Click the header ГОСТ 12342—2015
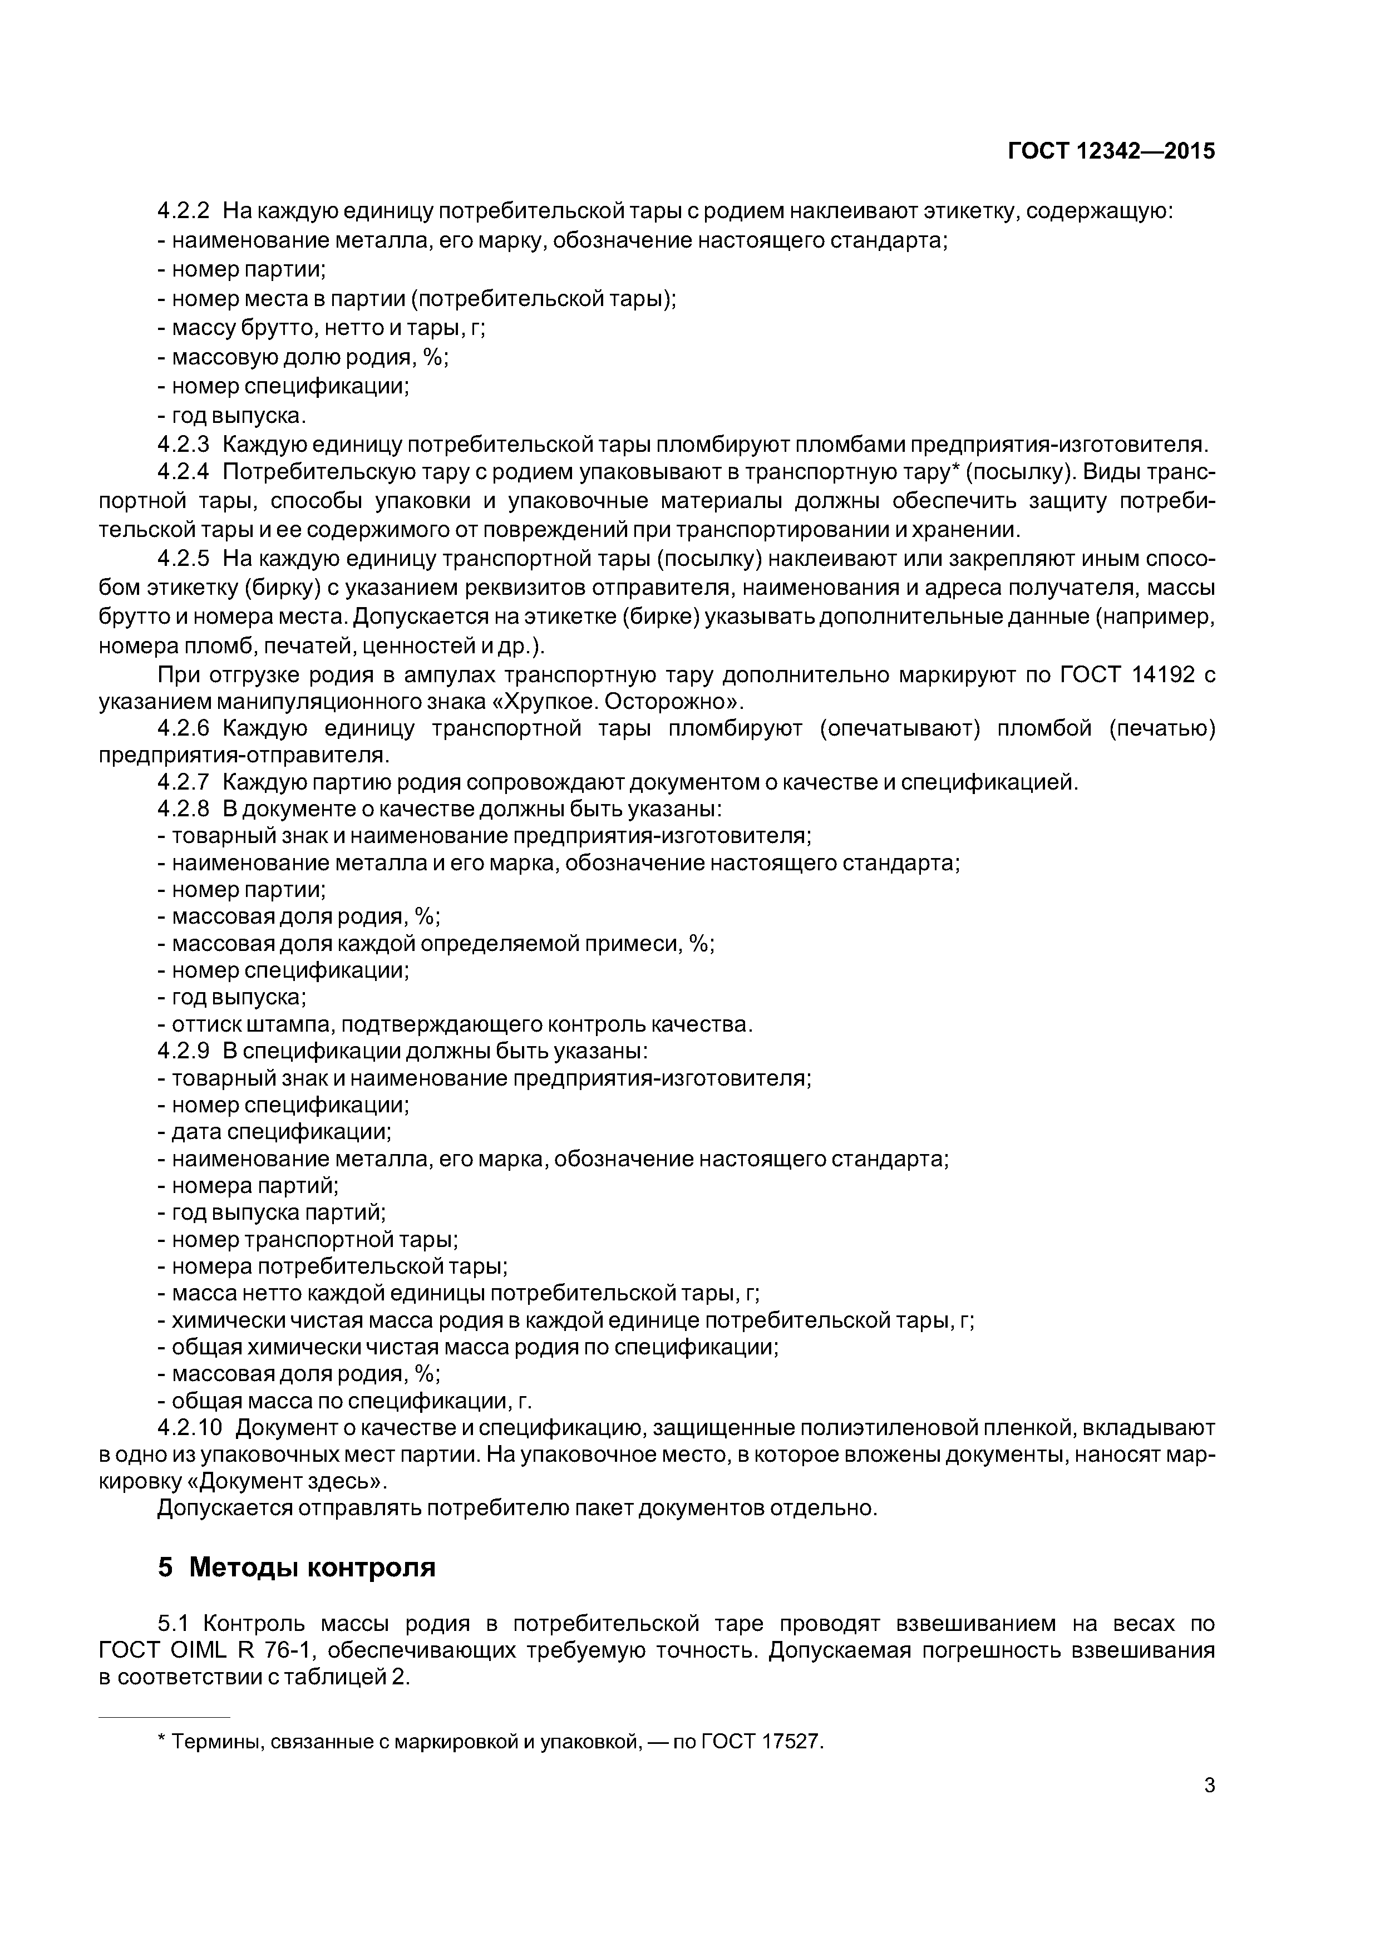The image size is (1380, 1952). click(1111, 151)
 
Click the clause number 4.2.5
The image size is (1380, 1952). click(183, 559)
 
